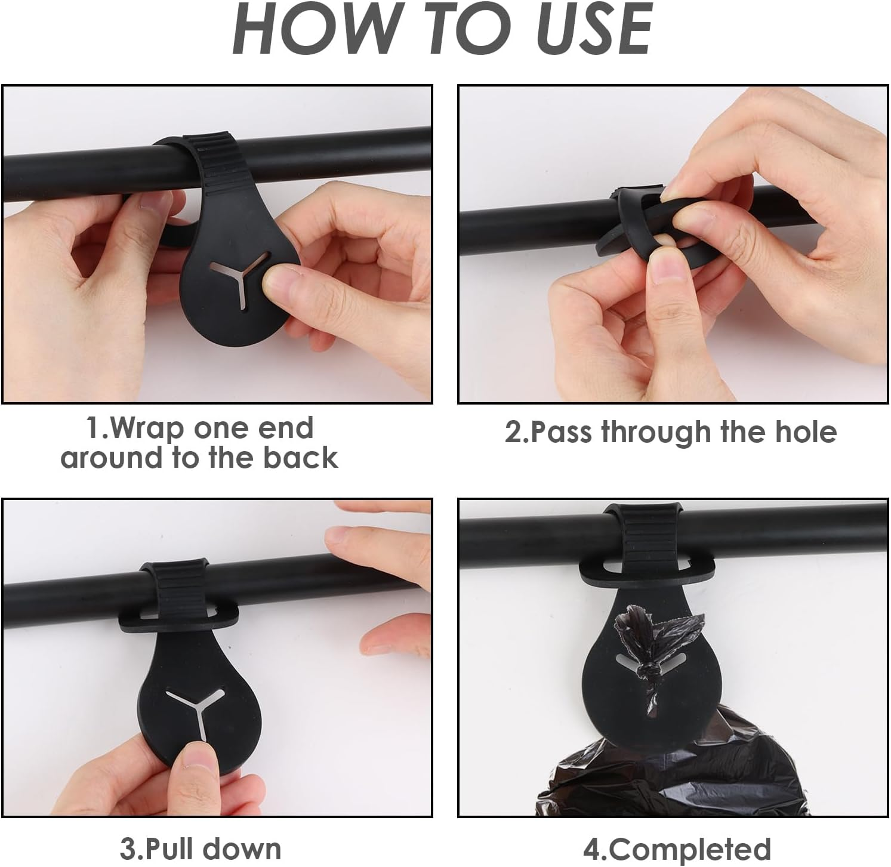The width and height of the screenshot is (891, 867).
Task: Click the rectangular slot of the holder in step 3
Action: click(179, 613)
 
